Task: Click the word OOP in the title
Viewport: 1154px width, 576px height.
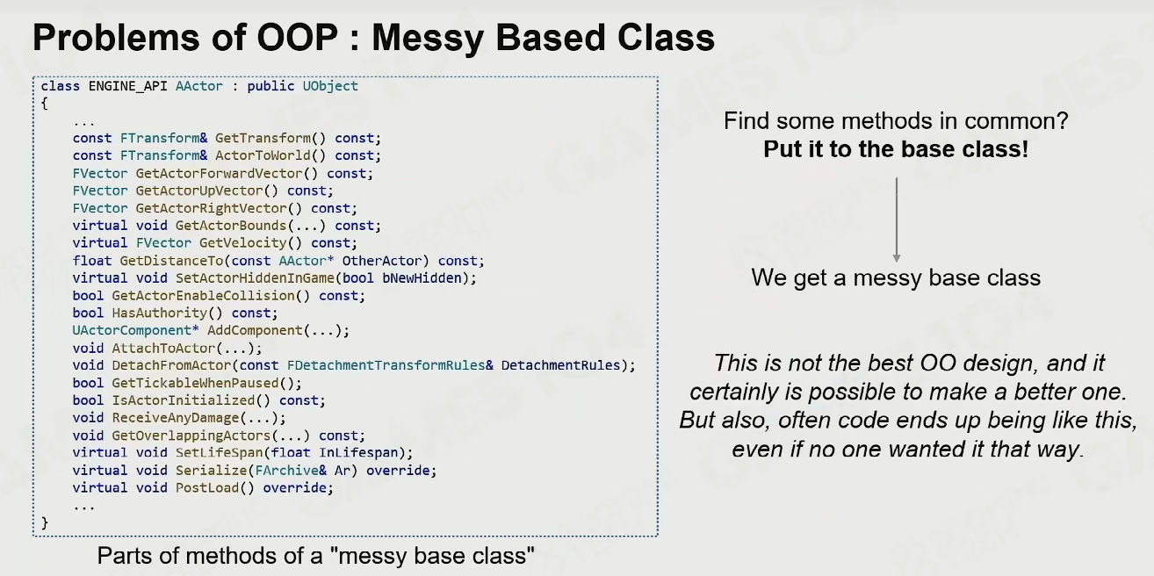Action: coord(297,38)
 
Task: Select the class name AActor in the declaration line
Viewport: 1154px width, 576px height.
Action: coord(199,86)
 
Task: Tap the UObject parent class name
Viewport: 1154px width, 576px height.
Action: coord(330,87)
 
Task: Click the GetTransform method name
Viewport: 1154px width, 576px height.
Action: coord(263,138)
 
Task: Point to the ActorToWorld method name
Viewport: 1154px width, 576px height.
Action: coord(263,155)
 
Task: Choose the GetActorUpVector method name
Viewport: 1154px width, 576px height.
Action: coord(199,191)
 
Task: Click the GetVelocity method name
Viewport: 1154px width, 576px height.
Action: coord(242,242)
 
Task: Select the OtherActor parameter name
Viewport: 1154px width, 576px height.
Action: coord(382,261)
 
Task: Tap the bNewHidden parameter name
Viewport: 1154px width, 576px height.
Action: coord(422,278)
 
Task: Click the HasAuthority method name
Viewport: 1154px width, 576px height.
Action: coord(160,313)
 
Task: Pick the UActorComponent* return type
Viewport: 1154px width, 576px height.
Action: coord(135,330)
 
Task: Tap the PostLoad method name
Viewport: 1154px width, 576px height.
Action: coord(207,488)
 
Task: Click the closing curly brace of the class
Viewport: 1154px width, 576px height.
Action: coord(45,523)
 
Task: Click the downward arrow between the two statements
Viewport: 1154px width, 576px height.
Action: coord(897,220)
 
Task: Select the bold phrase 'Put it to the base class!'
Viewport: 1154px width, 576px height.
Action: coord(896,149)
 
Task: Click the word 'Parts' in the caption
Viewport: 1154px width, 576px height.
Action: coord(123,556)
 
